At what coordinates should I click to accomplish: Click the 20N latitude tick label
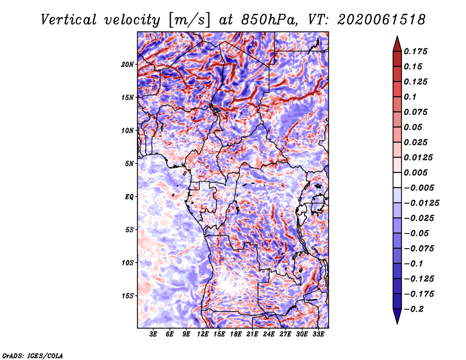click(x=128, y=65)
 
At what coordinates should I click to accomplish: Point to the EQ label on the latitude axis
click(x=129, y=197)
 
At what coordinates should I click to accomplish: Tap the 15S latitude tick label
click(x=128, y=296)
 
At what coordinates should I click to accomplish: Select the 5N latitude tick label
click(x=129, y=164)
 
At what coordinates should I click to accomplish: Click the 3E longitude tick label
click(x=153, y=334)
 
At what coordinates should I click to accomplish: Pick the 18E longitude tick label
click(x=236, y=334)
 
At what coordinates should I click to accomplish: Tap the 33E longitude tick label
click(x=318, y=334)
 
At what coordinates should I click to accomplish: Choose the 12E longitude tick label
click(x=203, y=334)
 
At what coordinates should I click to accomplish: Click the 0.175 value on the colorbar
click(x=415, y=51)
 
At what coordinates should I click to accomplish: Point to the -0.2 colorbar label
click(x=414, y=309)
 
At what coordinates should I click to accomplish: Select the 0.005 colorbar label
click(x=415, y=172)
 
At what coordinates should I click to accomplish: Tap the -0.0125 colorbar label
click(x=421, y=203)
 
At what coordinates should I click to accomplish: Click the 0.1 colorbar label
click(x=410, y=97)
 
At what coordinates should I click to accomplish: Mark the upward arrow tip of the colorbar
click(x=397, y=36)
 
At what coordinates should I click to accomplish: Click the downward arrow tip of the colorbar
click(x=397, y=323)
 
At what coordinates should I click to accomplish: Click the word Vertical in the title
click(x=69, y=20)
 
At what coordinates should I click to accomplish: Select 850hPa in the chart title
click(x=269, y=20)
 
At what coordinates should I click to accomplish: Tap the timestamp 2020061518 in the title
click(x=382, y=20)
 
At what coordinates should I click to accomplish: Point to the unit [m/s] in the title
click(x=189, y=20)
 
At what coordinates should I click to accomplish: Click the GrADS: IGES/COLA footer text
click(x=33, y=355)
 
